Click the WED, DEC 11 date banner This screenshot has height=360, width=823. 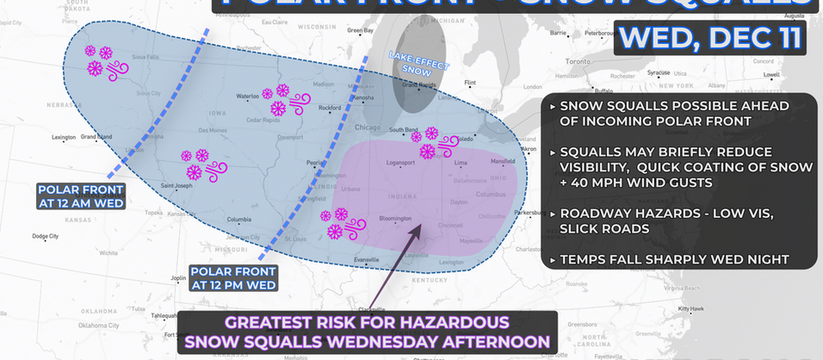(711, 37)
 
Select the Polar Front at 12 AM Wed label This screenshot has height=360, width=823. (81, 196)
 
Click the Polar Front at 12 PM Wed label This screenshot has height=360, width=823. (233, 277)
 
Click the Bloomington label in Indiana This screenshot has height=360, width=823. (395, 219)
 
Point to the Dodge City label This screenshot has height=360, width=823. (45, 236)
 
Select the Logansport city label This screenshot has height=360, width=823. (400, 162)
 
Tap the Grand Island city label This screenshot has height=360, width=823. (96, 137)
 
